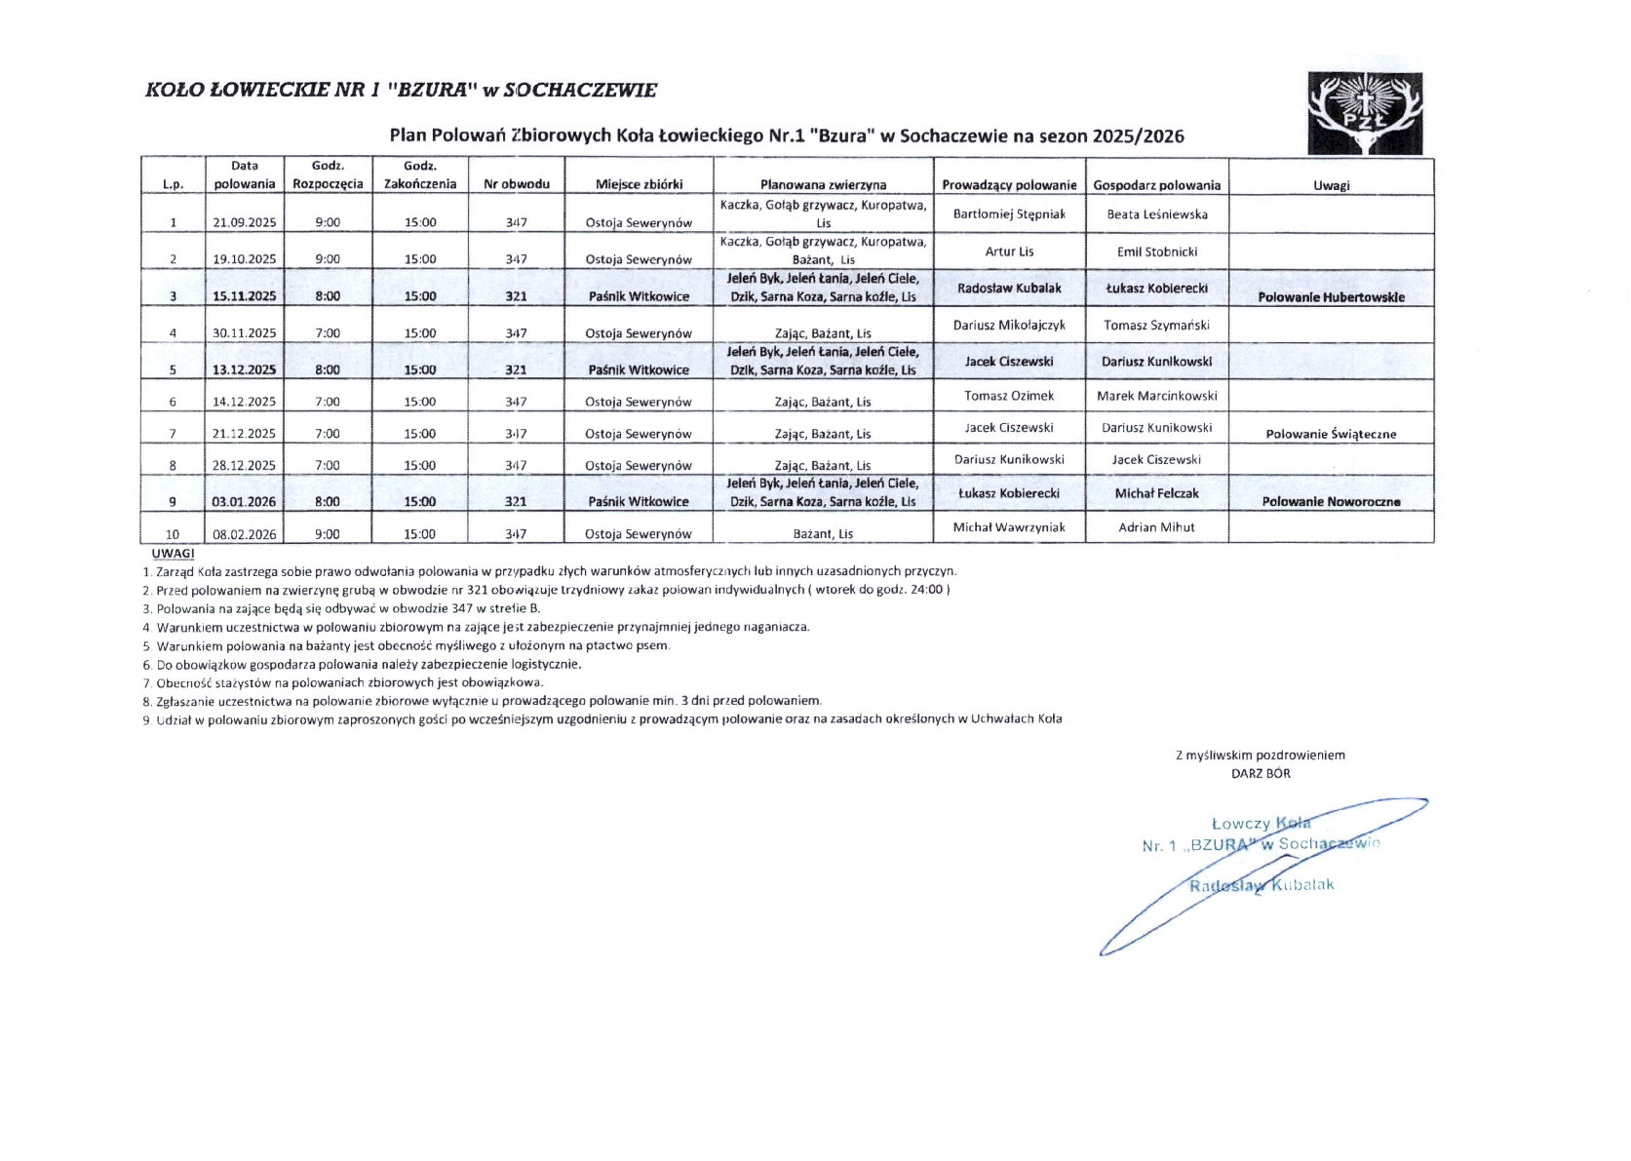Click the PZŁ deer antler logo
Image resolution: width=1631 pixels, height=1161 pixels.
(x=1365, y=113)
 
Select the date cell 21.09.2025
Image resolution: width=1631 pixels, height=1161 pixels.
(x=244, y=222)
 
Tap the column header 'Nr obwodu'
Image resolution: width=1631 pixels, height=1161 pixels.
(x=517, y=184)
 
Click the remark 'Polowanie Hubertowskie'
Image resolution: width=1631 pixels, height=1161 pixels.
(x=1331, y=297)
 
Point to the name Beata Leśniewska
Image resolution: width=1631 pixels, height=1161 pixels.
(x=1157, y=214)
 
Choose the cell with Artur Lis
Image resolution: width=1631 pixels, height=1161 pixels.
(x=1009, y=252)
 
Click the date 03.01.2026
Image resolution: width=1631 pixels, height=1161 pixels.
(x=244, y=502)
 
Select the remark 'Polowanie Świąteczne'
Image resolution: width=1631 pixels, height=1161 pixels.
(x=1331, y=435)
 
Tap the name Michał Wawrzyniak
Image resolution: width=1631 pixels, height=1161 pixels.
(x=1009, y=527)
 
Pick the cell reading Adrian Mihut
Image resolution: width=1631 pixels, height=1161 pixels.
(x=1157, y=527)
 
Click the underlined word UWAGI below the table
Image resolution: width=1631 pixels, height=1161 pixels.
(x=173, y=554)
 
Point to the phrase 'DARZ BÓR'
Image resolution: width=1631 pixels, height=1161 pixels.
(x=1261, y=774)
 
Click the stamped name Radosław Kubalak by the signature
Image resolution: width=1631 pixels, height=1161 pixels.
(x=1261, y=885)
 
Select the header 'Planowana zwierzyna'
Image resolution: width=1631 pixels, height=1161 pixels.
(x=823, y=185)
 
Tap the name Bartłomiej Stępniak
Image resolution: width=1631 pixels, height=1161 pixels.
(x=1009, y=214)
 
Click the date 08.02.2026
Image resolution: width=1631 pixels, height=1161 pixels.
(x=244, y=534)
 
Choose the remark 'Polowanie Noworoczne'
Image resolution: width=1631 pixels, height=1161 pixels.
(x=1331, y=502)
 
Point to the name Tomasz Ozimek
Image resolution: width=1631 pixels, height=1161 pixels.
(x=1009, y=396)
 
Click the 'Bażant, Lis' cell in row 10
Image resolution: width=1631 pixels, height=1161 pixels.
(x=823, y=534)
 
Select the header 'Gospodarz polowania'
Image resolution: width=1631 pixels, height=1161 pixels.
(x=1157, y=185)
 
